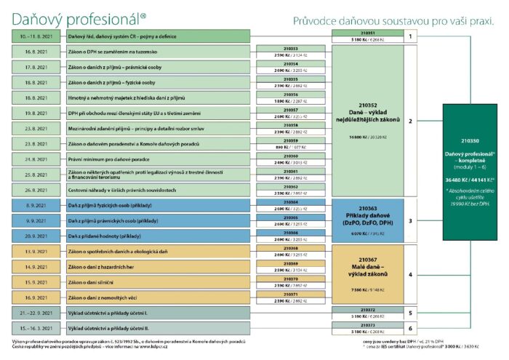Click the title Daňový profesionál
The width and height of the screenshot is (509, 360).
click(76, 14)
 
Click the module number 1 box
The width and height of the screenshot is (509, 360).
click(410, 36)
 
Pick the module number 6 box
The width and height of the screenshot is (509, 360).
click(410, 329)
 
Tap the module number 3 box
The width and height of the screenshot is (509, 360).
click(410, 220)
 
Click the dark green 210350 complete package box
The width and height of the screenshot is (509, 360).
click(470, 172)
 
